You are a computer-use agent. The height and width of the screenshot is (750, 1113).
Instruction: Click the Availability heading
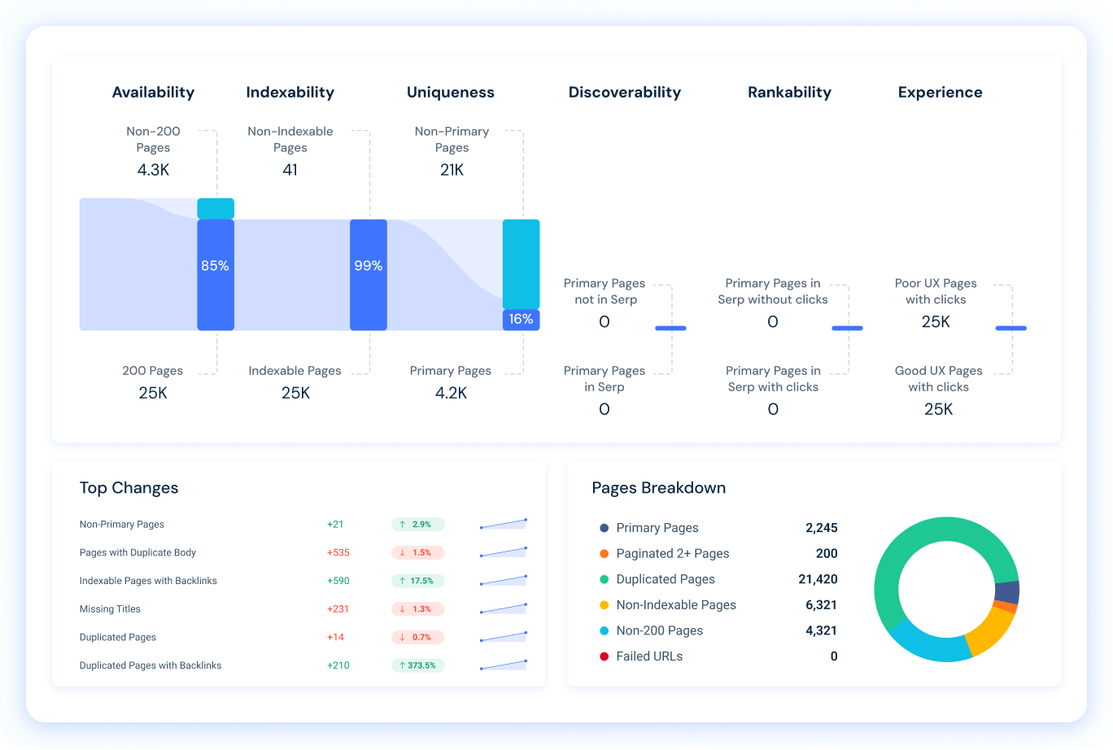(153, 93)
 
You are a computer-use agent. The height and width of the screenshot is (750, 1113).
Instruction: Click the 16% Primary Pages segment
(521, 320)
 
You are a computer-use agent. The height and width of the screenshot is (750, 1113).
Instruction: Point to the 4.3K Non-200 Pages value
(153, 171)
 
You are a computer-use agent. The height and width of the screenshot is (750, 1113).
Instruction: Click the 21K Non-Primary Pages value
(452, 171)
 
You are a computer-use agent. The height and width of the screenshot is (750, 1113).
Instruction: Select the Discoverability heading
(624, 93)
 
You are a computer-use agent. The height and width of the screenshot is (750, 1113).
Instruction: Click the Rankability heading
(789, 93)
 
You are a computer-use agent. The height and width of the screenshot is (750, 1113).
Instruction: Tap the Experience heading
(940, 93)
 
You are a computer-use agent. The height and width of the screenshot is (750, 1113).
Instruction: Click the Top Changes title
(129, 488)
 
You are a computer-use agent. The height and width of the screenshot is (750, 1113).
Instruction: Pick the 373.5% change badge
(417, 665)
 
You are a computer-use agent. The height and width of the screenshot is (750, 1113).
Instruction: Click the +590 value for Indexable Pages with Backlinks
(338, 581)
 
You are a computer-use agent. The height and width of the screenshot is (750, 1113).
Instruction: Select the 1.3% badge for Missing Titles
(417, 609)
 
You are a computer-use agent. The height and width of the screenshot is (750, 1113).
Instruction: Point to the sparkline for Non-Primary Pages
(504, 524)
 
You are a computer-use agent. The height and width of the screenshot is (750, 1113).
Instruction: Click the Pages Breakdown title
(658, 488)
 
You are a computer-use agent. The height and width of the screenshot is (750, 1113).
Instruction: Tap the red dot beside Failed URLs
(604, 656)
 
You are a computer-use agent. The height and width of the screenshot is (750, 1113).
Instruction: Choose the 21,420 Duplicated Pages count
(818, 579)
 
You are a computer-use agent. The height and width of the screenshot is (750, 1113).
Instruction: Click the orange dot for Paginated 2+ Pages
(604, 554)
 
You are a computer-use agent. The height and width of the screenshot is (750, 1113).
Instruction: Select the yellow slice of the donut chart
(990, 632)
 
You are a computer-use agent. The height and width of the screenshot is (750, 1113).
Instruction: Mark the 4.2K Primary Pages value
(451, 394)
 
